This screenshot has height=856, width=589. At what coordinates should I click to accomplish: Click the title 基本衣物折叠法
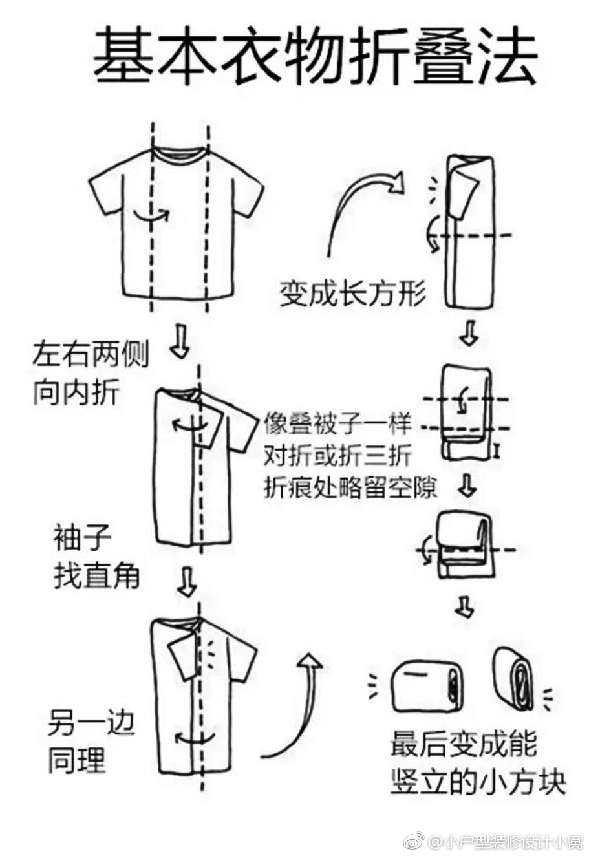(315, 57)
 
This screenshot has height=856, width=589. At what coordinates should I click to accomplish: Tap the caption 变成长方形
(352, 294)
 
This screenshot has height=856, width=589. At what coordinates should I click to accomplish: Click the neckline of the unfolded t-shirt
(180, 153)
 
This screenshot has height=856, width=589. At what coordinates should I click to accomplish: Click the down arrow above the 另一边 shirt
(187, 581)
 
